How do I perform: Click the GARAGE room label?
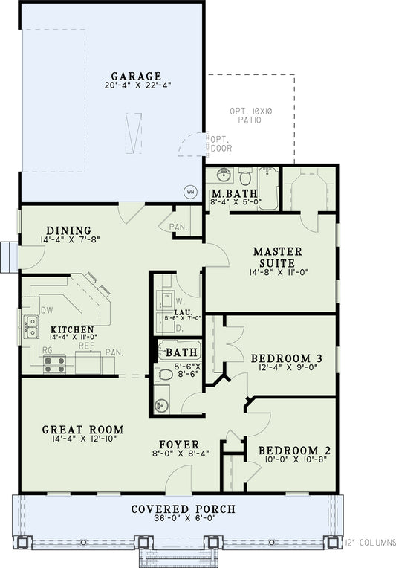[x=136, y=76]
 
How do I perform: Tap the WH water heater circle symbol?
[x=190, y=191]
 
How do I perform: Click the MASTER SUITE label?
[x=273, y=257]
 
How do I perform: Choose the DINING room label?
[x=68, y=230]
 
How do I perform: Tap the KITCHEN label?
[x=71, y=329]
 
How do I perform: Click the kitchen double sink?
[x=30, y=323]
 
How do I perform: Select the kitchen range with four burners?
[x=54, y=364]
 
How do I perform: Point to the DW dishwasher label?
[x=45, y=310]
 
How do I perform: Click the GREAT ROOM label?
[x=82, y=430]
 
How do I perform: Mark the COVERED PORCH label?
[x=183, y=509]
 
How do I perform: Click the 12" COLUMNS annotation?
[x=370, y=543]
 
